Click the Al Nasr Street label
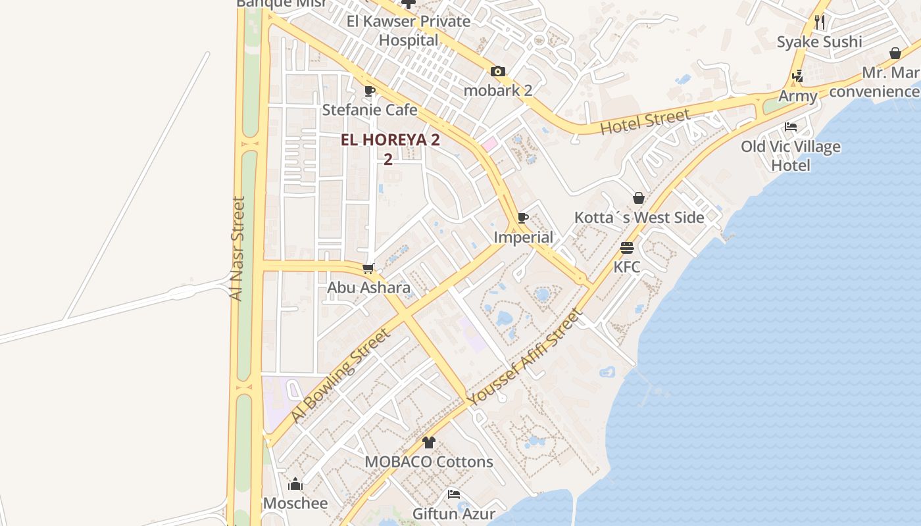click(x=237, y=248)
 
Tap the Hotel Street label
click(x=645, y=122)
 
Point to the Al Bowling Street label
click(x=341, y=375)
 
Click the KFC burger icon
click(x=626, y=248)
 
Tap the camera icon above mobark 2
click(x=498, y=71)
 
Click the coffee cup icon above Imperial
click(x=523, y=218)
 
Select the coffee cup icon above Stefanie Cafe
click(x=369, y=91)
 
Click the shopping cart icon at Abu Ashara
click(x=368, y=268)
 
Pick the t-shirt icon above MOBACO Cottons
click(x=429, y=442)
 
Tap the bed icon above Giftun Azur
click(x=453, y=494)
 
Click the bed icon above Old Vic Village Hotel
click(x=791, y=127)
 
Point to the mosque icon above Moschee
click(x=295, y=485)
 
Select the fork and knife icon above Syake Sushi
click(x=819, y=22)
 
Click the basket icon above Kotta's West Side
click(x=638, y=198)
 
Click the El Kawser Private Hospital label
click(x=409, y=30)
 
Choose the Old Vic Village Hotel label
click(x=791, y=155)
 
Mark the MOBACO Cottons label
click(x=429, y=462)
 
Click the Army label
click(x=798, y=96)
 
